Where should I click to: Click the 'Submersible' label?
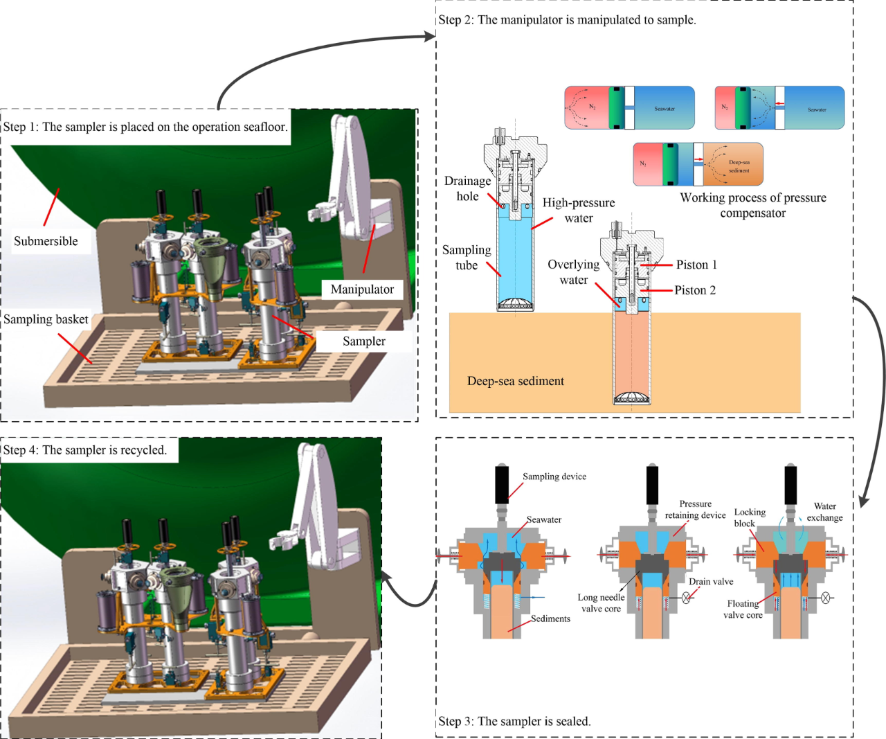coord(46,241)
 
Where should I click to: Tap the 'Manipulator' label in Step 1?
coord(362,290)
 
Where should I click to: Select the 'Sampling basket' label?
coord(46,319)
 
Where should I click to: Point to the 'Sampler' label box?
coord(364,341)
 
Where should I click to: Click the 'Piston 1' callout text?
coord(696,265)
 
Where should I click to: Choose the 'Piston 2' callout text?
coord(695,290)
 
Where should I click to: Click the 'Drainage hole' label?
coord(467,188)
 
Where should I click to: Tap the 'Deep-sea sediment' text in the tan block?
coord(515,381)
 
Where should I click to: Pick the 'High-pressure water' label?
coord(579,211)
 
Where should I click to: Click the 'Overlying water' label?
coord(573,272)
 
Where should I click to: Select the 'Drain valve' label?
coord(711,582)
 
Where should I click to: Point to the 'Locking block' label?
coord(750,518)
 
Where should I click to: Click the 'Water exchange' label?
coord(825,512)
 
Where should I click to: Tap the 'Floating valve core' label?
coord(743,609)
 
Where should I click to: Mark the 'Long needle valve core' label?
coord(601,603)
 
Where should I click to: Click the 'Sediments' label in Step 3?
coord(550,618)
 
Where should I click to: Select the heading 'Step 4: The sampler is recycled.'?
coord(85,450)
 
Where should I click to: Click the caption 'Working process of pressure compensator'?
coord(753,205)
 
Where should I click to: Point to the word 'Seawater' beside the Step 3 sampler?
coord(544,519)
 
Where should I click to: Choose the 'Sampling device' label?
coord(554,477)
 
